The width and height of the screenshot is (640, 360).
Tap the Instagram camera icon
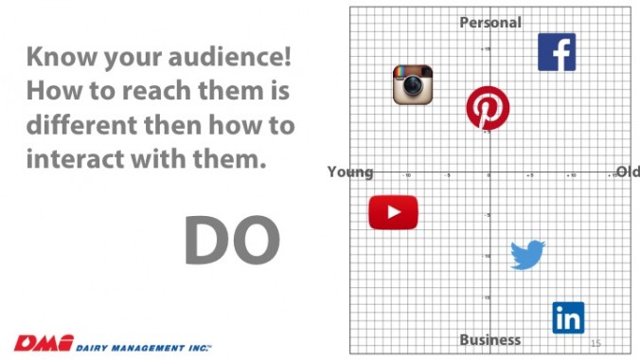tap(413, 84)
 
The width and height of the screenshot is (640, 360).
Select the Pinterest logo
tap(488, 109)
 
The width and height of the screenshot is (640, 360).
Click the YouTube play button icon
tap(393, 212)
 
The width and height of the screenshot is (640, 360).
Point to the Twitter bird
tap(527, 254)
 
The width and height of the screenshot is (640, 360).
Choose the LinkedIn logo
tap(568, 317)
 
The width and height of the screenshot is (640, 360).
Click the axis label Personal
tap(490, 22)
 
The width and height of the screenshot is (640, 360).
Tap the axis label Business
tap(489, 339)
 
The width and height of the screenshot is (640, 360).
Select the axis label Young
tap(350, 172)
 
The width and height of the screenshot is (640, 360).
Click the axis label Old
tap(628, 171)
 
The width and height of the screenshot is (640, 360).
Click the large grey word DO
tap(232, 241)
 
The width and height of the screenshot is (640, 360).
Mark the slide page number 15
tap(596, 343)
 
